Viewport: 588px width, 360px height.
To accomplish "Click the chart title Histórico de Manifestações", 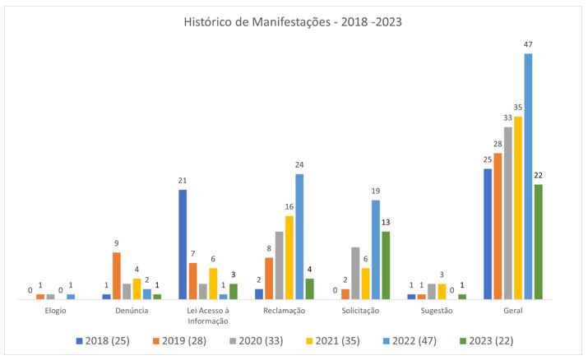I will (x=294, y=22).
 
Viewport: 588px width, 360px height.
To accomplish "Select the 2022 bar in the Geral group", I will (x=528, y=176).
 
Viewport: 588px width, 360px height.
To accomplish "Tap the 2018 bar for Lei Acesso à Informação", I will (x=183, y=244).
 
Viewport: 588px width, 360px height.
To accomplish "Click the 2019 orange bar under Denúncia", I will (x=117, y=275).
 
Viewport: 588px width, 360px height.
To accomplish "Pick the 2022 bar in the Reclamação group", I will (x=299, y=236).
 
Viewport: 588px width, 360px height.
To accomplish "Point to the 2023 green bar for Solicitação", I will (x=386, y=265).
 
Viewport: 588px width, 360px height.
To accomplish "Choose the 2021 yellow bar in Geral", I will (x=518, y=207).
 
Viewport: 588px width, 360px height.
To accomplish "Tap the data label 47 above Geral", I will (x=528, y=45).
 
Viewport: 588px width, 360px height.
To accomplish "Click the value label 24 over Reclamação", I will (x=299, y=165).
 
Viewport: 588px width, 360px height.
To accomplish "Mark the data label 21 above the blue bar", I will (x=183, y=181).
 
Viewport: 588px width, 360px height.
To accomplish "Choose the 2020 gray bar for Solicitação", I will (x=355, y=273).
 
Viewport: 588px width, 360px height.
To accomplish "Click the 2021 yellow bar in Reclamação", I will (x=289, y=256).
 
